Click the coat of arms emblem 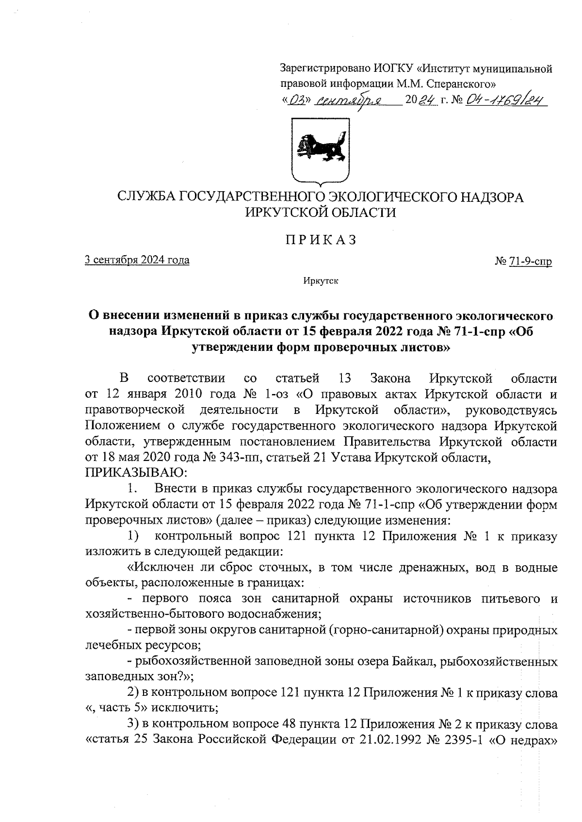(321, 150)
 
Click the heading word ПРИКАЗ (321, 240)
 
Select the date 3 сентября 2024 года (137, 260)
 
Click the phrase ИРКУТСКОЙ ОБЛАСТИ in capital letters (321, 213)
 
